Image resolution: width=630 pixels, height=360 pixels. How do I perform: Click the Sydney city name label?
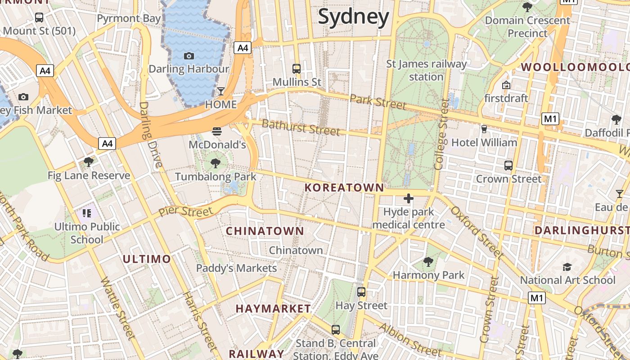pyautogui.click(x=353, y=17)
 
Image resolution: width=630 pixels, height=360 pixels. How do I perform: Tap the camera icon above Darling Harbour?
pyautogui.click(x=189, y=56)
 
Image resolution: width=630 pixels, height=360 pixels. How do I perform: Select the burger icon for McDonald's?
pyautogui.click(x=217, y=131)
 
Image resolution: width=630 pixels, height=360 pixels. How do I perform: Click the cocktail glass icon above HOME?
pyautogui.click(x=220, y=91)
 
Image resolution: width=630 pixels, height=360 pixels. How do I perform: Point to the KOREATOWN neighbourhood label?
pyautogui.click(x=344, y=188)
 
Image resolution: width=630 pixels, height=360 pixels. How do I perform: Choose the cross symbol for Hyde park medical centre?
pyautogui.click(x=409, y=198)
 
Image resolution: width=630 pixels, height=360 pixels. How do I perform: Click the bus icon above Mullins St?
pyautogui.click(x=296, y=69)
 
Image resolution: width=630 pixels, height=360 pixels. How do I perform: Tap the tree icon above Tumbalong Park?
pyautogui.click(x=216, y=163)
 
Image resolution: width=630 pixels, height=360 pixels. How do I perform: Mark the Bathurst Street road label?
pyautogui.click(x=300, y=127)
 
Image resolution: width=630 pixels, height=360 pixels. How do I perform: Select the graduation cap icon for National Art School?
pyautogui.click(x=567, y=267)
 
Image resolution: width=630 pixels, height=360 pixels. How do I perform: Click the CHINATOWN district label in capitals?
pyautogui.click(x=265, y=231)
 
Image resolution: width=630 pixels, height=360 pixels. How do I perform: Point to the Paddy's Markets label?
pyautogui.click(x=236, y=268)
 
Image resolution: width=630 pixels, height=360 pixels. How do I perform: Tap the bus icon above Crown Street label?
pyautogui.click(x=508, y=165)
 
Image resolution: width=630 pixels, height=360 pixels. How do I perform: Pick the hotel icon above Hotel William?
pyautogui.click(x=484, y=129)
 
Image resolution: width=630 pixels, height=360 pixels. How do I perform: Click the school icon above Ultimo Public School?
pyautogui.click(x=87, y=213)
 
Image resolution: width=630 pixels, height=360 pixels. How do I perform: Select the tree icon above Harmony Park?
pyautogui.click(x=428, y=261)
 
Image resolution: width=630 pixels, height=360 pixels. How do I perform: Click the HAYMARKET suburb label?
pyautogui.click(x=273, y=309)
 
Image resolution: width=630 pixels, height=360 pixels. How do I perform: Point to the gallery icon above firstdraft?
pyautogui.click(x=506, y=85)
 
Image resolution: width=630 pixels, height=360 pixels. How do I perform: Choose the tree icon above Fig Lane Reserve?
pyautogui.click(x=89, y=162)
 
